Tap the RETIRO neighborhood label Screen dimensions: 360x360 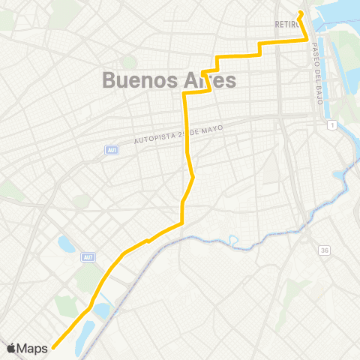(287, 25)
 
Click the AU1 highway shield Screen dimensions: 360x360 (111, 150)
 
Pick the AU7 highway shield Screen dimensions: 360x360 (88, 257)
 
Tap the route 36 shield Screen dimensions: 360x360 (323, 250)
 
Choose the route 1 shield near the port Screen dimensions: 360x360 (331, 124)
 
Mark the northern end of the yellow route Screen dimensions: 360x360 (299, 12)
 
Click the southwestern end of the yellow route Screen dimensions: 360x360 (54, 347)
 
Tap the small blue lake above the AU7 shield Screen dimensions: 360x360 (66, 244)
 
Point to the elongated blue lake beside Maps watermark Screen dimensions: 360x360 (85, 330)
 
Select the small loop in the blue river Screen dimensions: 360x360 (234, 242)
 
